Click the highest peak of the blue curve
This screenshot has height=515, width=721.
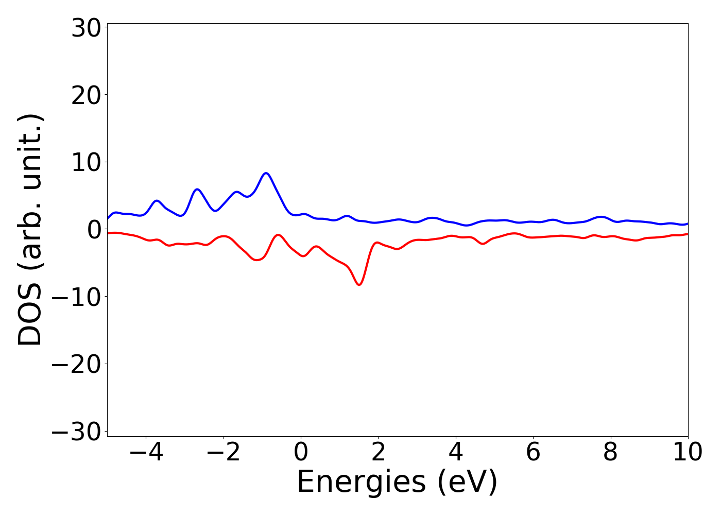[x=266, y=173]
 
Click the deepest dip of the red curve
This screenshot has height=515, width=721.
[x=359, y=284]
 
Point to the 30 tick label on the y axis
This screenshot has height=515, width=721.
[x=85, y=28]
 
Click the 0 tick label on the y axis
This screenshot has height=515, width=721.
[x=93, y=230]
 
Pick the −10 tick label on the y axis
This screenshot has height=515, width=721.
[x=77, y=297]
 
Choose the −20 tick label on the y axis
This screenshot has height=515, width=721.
[x=77, y=364]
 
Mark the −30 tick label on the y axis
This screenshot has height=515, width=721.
[x=77, y=432]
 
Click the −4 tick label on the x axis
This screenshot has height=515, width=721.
[x=146, y=453]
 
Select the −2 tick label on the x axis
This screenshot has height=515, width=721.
[x=224, y=453]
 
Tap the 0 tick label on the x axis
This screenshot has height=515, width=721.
[x=301, y=453]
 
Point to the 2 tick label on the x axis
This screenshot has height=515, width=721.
[x=379, y=453]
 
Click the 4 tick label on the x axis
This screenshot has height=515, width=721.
[x=456, y=453]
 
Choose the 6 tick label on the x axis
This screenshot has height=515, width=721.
[x=533, y=453]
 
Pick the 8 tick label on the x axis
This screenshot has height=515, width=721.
[x=611, y=453]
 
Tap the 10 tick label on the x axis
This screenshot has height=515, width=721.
[x=687, y=453]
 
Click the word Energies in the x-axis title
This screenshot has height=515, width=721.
[x=362, y=483]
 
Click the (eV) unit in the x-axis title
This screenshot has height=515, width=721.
[x=468, y=483]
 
